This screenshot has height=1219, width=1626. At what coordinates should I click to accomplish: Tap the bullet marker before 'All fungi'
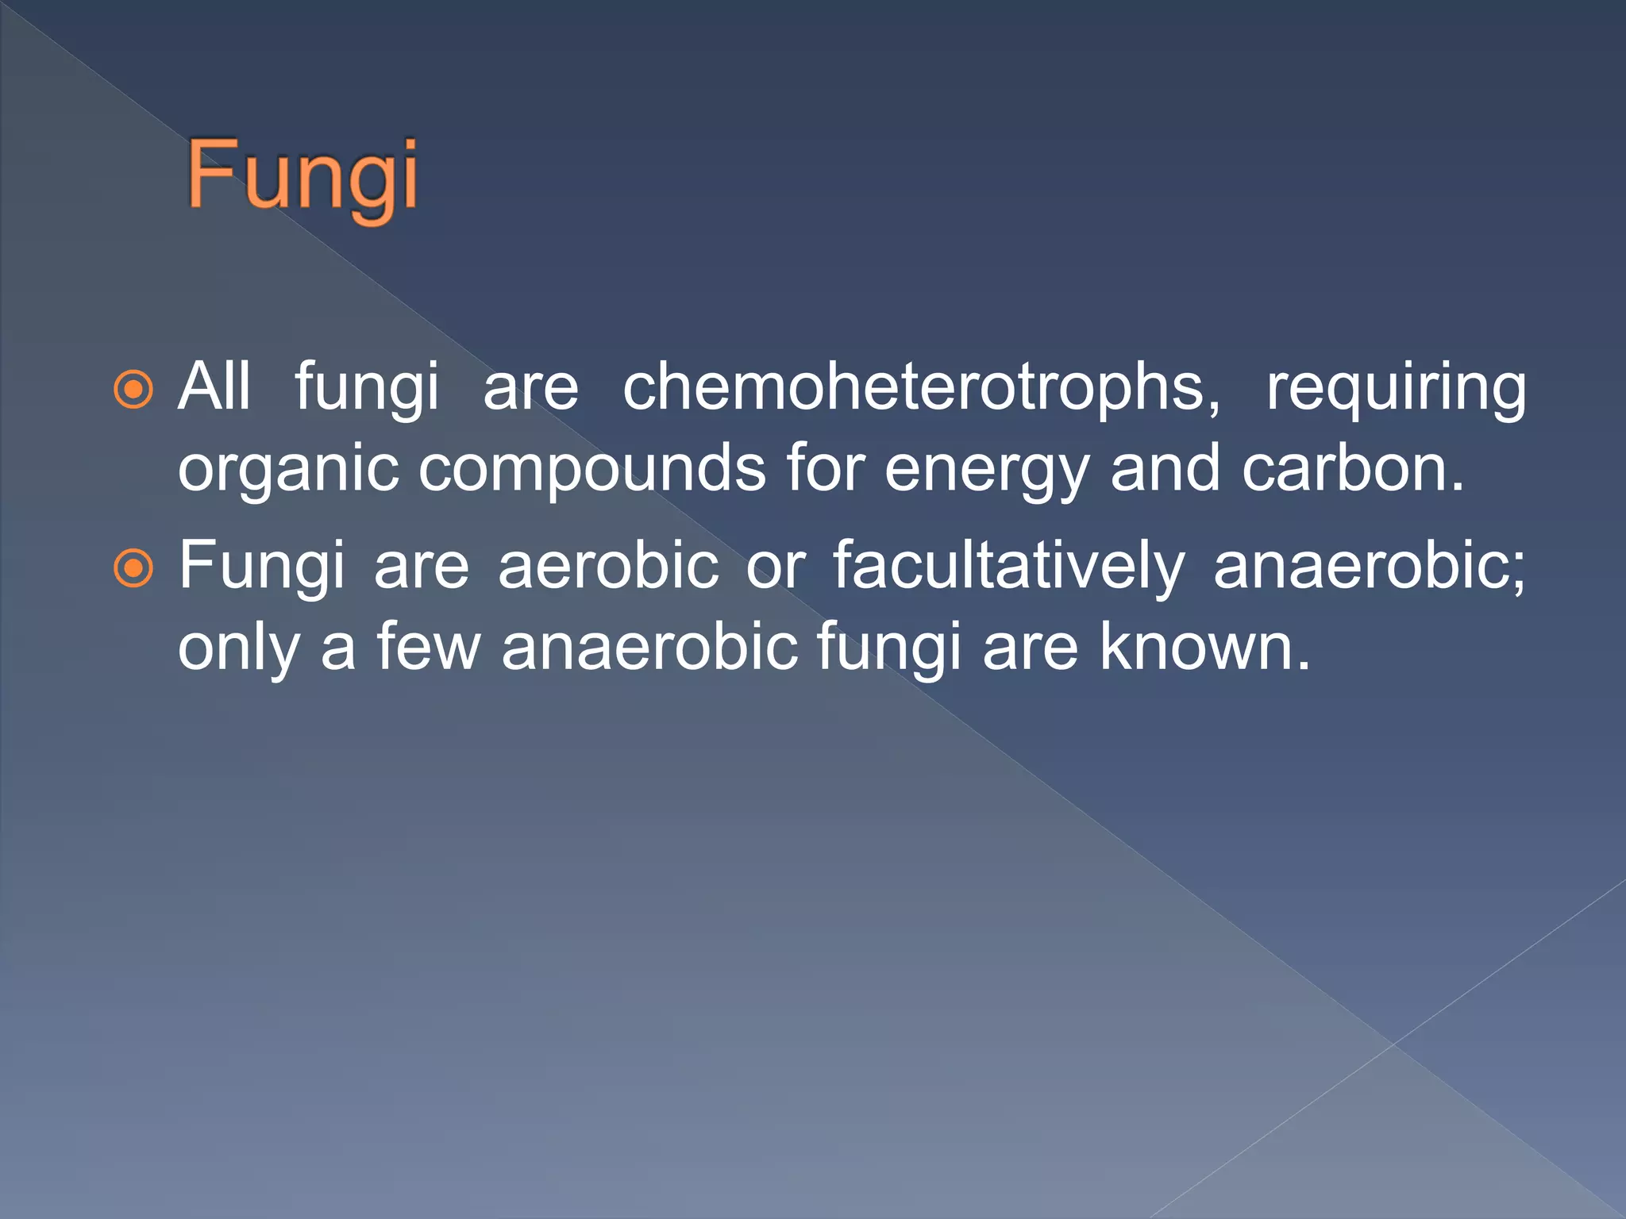tap(133, 390)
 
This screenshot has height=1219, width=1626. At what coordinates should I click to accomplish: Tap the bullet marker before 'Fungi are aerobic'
tap(133, 568)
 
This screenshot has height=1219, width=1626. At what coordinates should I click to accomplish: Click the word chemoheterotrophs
tap(921, 387)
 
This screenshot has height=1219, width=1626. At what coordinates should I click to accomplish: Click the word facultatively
tap(1008, 567)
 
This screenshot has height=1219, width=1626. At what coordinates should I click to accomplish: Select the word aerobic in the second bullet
tap(608, 565)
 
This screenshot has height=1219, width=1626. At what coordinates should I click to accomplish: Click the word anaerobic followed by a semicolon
tap(1368, 565)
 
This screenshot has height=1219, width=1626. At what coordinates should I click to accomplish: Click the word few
tap(429, 647)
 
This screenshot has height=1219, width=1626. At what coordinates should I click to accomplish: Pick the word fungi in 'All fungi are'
tap(367, 389)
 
